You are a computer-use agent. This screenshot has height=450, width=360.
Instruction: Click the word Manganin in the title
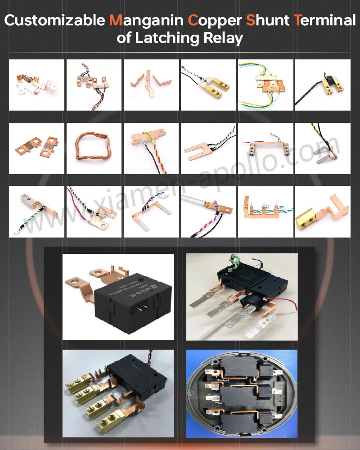[x=146, y=21]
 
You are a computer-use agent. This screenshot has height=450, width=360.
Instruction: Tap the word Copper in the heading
[x=214, y=21]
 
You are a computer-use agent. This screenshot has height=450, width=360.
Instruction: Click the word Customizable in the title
[x=55, y=21]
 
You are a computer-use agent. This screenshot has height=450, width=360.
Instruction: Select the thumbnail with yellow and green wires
[x=265, y=85]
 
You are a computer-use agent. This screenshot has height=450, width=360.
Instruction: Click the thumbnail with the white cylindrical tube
[x=208, y=211]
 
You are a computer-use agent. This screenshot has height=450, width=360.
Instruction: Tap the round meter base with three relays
[x=242, y=394]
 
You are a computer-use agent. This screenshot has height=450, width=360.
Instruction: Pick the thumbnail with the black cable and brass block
[x=322, y=85]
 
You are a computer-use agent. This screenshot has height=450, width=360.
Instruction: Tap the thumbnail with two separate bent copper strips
[x=151, y=85]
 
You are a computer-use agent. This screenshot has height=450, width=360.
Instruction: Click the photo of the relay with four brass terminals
[x=118, y=394]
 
